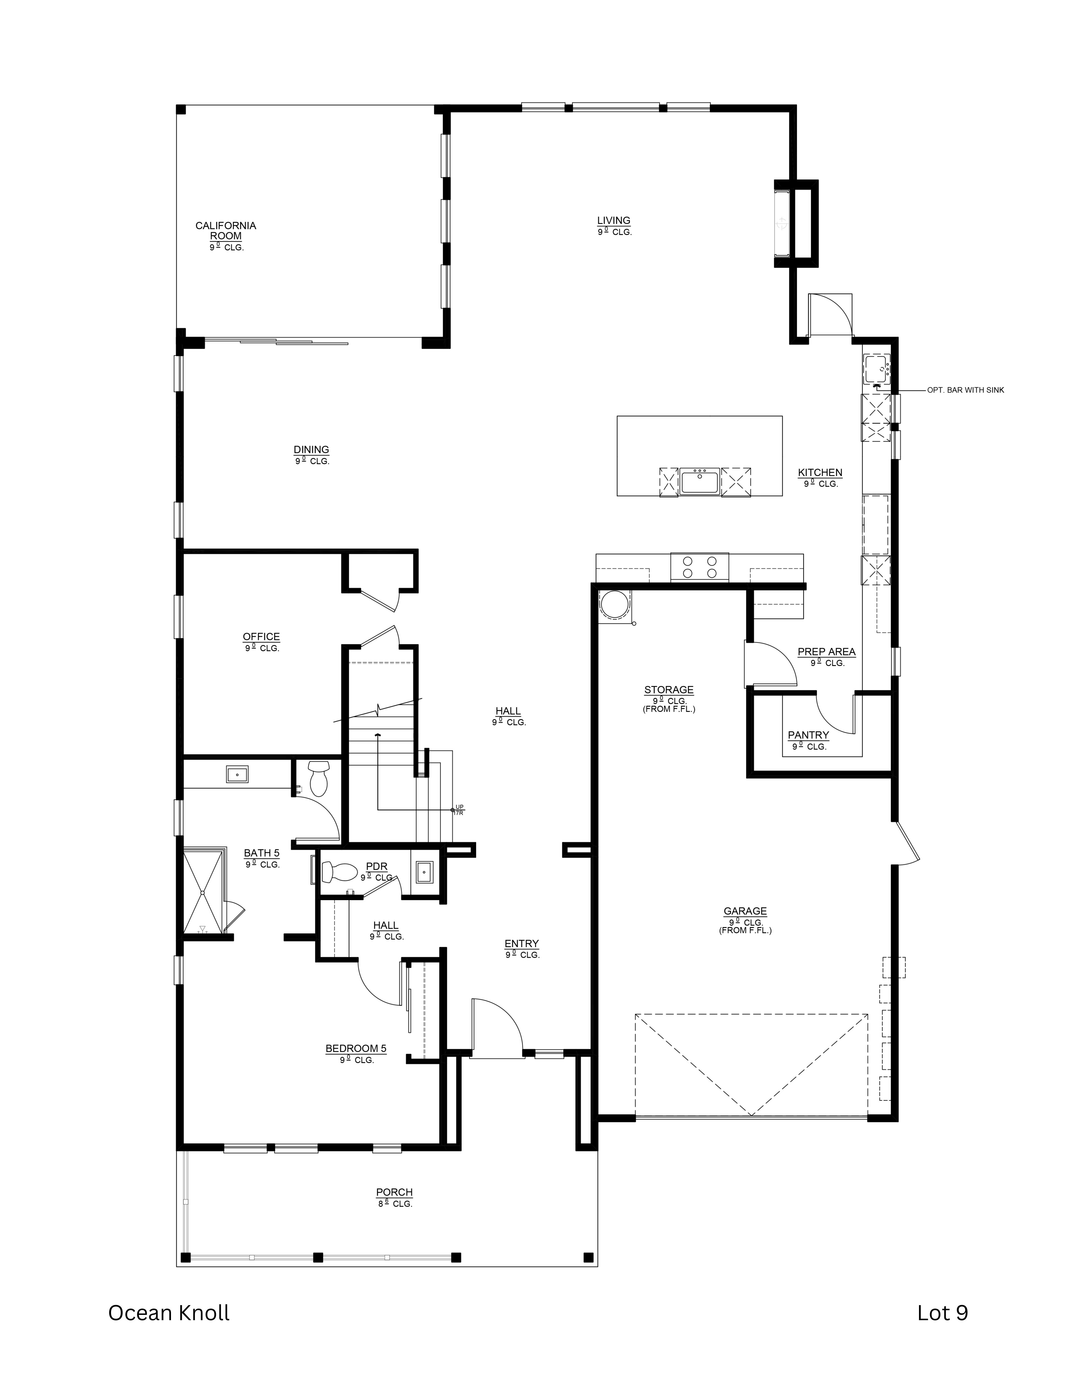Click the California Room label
click(x=226, y=231)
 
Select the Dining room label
click(x=311, y=450)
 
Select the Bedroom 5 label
click(x=356, y=1048)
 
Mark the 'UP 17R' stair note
click(x=459, y=810)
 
